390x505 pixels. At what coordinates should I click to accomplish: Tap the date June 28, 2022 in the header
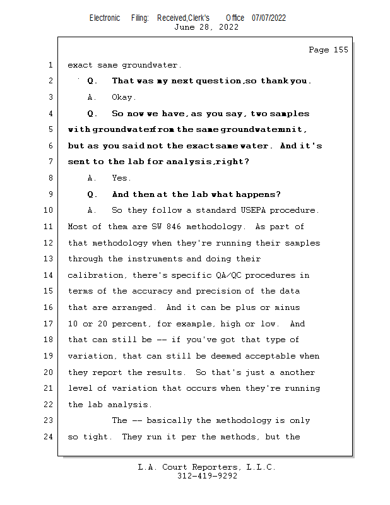click(x=206, y=27)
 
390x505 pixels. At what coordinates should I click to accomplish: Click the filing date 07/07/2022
click(x=269, y=18)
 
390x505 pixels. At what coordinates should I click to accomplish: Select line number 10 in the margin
click(x=49, y=210)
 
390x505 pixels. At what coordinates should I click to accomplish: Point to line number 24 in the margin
click(x=49, y=437)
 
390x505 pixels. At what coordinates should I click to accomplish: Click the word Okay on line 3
click(x=123, y=97)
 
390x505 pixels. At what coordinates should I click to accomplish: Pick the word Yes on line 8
click(x=122, y=178)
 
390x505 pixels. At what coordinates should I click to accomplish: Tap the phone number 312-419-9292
click(x=207, y=476)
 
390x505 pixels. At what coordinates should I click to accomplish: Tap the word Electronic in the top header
click(x=105, y=18)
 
